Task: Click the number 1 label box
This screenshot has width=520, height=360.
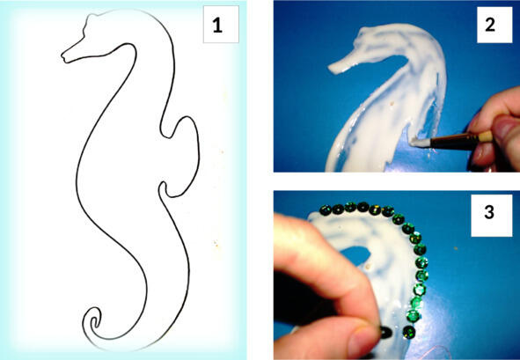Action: point(221,25)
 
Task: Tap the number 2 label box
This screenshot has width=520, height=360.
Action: point(494,25)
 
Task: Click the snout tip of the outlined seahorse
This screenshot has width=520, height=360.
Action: point(63,56)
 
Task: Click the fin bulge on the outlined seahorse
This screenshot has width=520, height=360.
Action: point(184,156)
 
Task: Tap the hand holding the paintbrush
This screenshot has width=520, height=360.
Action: point(494,129)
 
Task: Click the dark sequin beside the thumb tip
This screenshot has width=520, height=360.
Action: point(385,332)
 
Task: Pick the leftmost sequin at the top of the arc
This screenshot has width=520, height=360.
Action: point(325,209)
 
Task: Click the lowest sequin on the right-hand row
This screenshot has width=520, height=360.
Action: point(409,332)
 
